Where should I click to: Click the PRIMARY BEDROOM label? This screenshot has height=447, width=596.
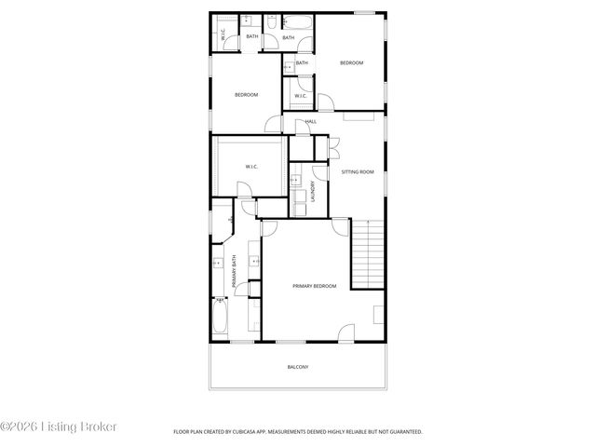click(314, 286)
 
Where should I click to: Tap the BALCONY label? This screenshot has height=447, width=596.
click(297, 367)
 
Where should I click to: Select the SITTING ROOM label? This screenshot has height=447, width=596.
click(358, 172)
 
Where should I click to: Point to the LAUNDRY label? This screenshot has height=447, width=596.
click(313, 192)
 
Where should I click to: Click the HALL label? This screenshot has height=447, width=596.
click(310, 121)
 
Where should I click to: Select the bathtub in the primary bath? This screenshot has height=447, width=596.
click(221, 317)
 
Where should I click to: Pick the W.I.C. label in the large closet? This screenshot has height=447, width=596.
click(251, 167)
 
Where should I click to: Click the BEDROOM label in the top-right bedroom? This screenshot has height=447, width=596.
click(351, 62)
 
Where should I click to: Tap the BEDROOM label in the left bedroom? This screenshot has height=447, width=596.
click(246, 95)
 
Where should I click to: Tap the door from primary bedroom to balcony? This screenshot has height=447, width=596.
click(345, 332)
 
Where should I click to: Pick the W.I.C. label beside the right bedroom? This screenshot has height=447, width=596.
click(301, 96)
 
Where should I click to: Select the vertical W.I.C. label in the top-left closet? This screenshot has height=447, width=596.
click(223, 34)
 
